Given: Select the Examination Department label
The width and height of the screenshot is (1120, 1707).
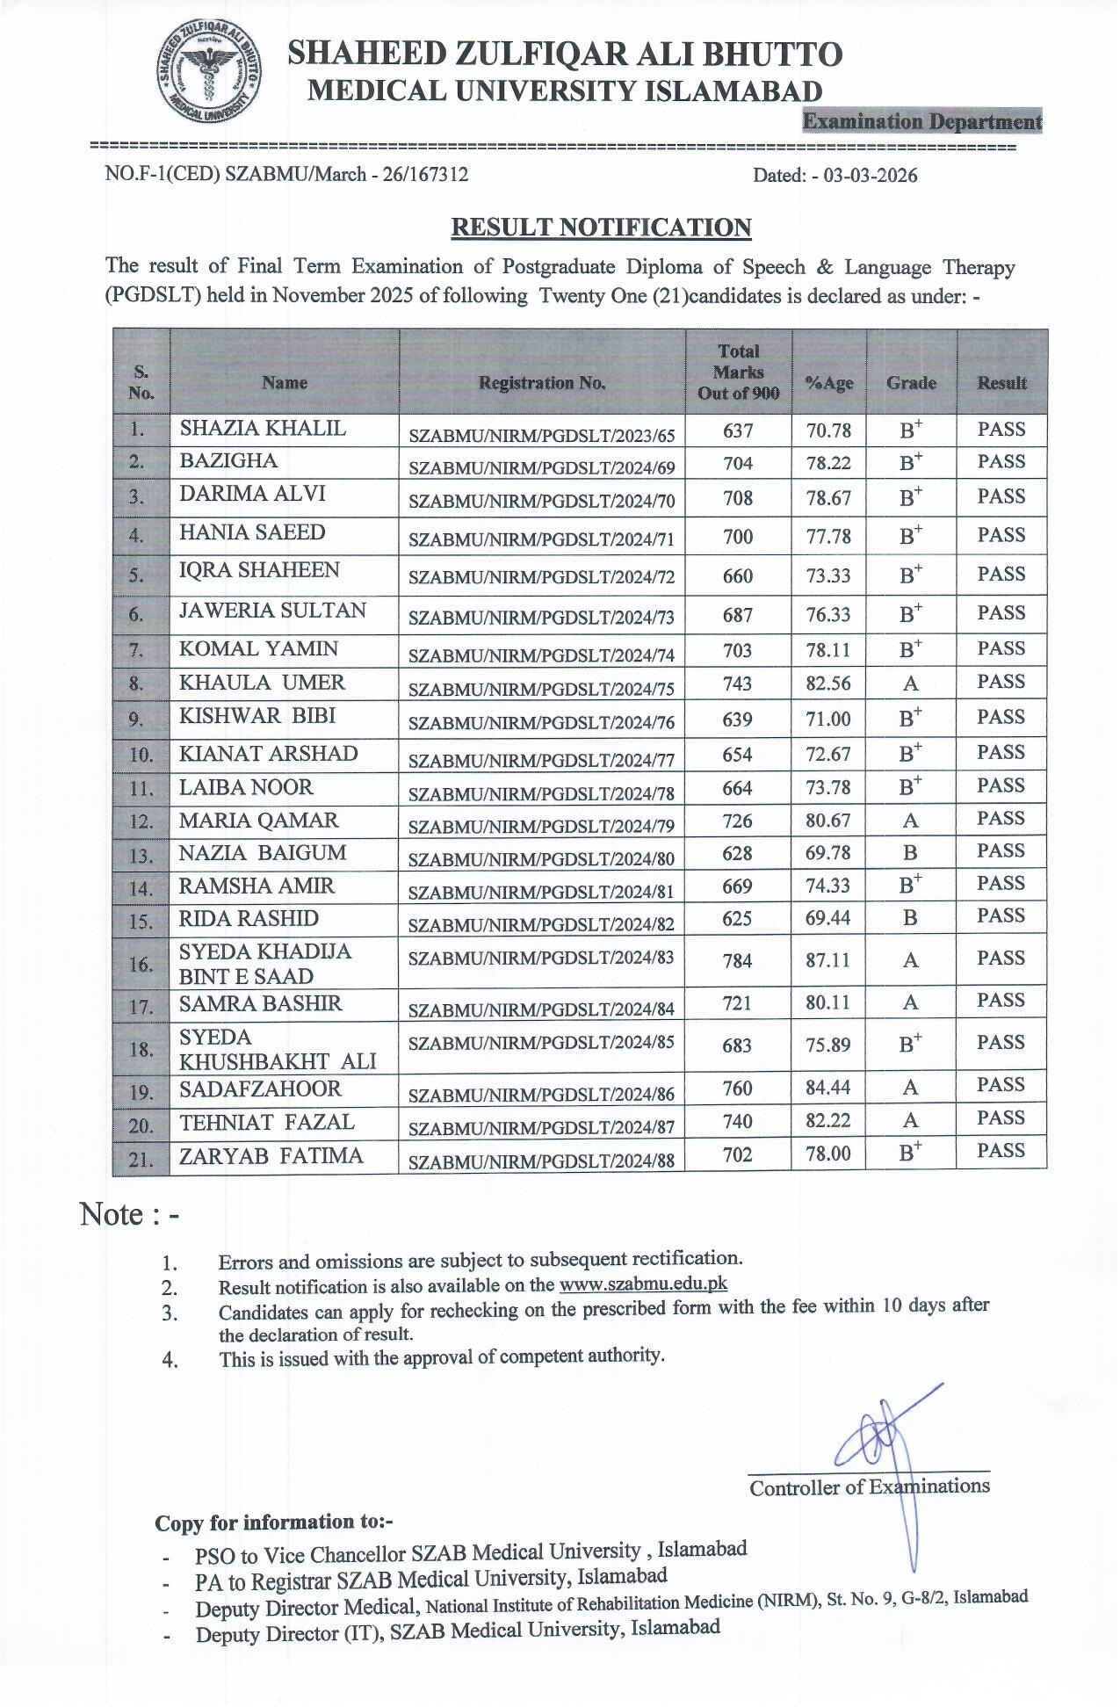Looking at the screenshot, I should click(x=921, y=121).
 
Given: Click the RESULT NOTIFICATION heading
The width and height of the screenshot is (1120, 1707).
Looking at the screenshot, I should click(x=601, y=228).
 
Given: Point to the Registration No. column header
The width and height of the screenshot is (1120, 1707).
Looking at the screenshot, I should click(x=541, y=383).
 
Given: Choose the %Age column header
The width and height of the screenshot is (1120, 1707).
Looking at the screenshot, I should click(x=828, y=383).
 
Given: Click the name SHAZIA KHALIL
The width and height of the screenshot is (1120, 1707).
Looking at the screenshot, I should click(x=263, y=429).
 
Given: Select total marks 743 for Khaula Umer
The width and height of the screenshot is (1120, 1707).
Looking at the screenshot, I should click(x=738, y=684).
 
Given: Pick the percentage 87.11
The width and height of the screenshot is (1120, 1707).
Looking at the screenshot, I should click(x=827, y=959).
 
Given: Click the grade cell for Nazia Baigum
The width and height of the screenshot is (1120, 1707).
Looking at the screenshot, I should click(x=910, y=852).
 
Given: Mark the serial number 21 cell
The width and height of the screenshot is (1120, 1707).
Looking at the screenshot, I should click(x=141, y=1160).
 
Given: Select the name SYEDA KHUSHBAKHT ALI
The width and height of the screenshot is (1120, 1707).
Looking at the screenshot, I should click(x=277, y=1049).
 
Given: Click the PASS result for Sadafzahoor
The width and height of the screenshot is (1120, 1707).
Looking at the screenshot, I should click(x=1001, y=1086).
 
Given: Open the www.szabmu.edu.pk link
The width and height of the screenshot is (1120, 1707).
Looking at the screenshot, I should click(x=643, y=1284).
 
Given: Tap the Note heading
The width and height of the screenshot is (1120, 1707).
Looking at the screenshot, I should click(x=129, y=1215).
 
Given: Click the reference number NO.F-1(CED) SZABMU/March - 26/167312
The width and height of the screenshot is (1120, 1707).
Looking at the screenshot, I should click(x=286, y=174).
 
